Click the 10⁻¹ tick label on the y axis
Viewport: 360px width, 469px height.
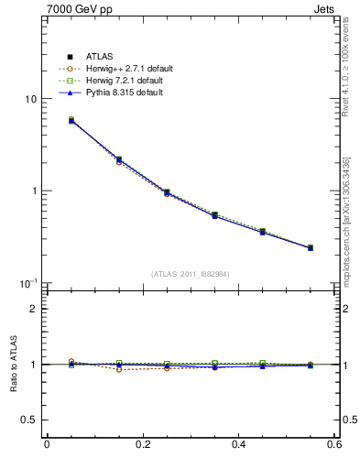click(x=27, y=282)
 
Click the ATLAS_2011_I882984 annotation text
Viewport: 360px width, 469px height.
click(x=191, y=274)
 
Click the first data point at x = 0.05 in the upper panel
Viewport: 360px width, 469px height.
click(x=71, y=120)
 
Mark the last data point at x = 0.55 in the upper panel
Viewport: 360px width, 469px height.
click(x=311, y=247)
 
